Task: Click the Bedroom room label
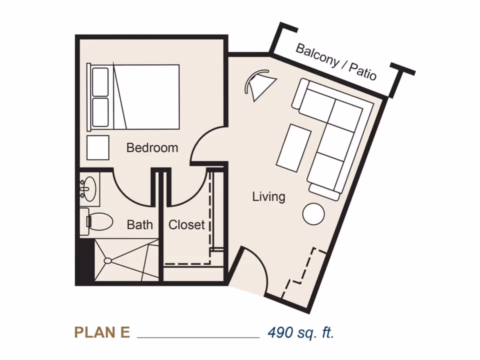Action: [x=152, y=148]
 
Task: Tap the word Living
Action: [x=268, y=196]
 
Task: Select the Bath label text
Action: [x=139, y=225]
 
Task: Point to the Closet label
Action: [x=186, y=225]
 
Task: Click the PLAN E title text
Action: [x=102, y=332]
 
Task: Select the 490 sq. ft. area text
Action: [x=300, y=332]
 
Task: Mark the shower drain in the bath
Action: [x=107, y=260]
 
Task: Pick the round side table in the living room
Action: [x=313, y=214]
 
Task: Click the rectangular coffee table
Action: [x=294, y=147]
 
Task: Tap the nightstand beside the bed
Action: [x=98, y=147]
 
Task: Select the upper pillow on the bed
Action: [x=100, y=82]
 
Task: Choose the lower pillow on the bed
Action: [x=100, y=112]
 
